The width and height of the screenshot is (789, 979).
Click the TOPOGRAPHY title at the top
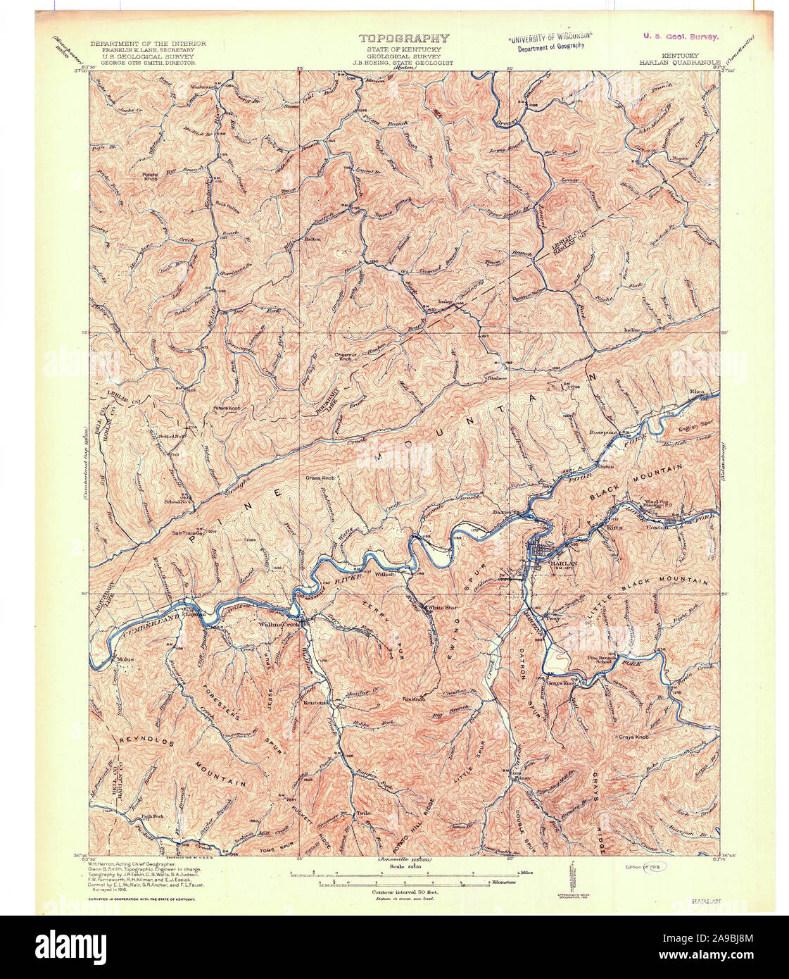click(x=403, y=39)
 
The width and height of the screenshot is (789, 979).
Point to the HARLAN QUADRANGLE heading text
click(x=680, y=62)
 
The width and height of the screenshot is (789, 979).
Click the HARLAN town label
click(x=556, y=564)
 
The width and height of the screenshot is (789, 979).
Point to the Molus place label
click(x=125, y=659)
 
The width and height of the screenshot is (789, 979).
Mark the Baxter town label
click(x=501, y=512)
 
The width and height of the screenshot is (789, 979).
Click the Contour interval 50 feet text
click(x=405, y=892)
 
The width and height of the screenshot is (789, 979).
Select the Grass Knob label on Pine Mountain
click(x=320, y=478)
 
